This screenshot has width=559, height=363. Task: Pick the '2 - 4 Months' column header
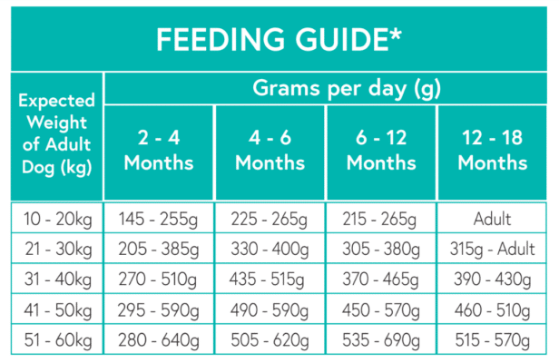(159, 151)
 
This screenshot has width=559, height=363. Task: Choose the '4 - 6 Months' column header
(270, 151)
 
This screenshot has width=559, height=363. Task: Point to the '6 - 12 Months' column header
(381, 151)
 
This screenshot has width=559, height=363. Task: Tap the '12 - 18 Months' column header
(492, 151)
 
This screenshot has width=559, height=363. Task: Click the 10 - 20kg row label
(54, 219)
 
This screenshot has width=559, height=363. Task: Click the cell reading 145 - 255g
(159, 219)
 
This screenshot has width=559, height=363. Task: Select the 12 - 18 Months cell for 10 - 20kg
(492, 219)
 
